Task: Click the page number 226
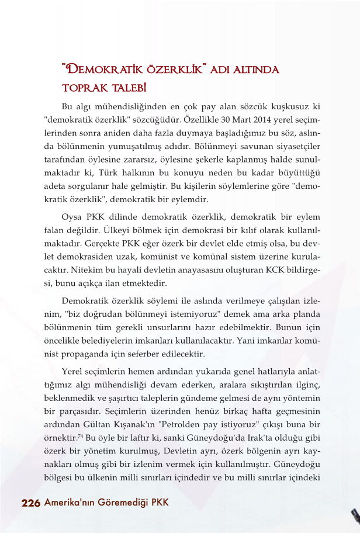(x=30, y=503)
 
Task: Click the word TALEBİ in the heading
(x=125, y=88)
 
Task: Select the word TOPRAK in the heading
(x=82, y=88)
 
